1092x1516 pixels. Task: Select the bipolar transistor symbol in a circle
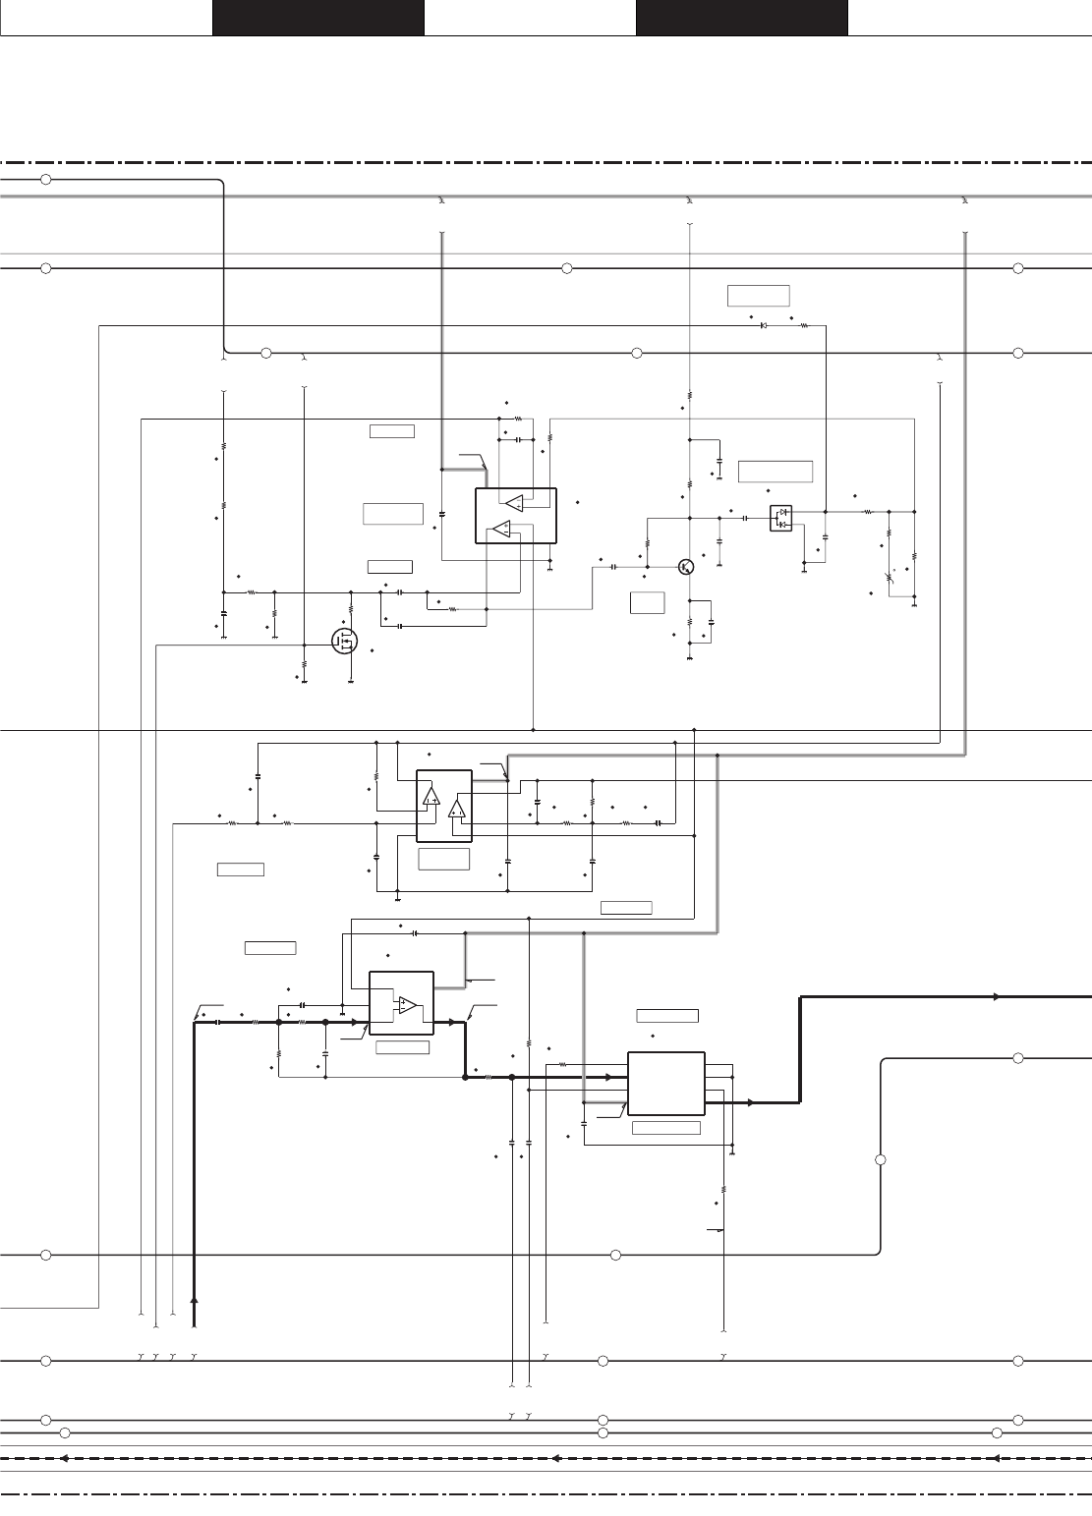click(x=687, y=567)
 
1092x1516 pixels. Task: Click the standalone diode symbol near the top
click(x=764, y=325)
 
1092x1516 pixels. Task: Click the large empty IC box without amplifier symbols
click(x=666, y=1084)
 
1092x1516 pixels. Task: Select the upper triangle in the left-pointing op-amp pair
click(x=514, y=503)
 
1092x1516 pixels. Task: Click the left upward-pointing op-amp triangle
click(x=431, y=796)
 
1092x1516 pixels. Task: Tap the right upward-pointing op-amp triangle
click(x=456, y=809)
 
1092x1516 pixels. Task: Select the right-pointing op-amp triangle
click(x=406, y=1005)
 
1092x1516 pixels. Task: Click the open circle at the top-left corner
click(x=45, y=179)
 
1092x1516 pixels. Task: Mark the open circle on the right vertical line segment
click(x=881, y=1160)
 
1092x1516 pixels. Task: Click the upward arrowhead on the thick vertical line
click(x=195, y=1300)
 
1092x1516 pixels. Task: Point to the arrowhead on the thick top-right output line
click(x=997, y=996)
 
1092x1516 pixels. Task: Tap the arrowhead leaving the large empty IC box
click(x=750, y=1102)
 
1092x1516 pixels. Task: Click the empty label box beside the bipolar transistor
click(x=647, y=602)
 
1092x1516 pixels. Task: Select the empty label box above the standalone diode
click(x=758, y=295)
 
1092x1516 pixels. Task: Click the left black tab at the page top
click(x=317, y=18)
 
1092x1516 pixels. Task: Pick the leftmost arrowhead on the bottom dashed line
click(x=61, y=1459)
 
